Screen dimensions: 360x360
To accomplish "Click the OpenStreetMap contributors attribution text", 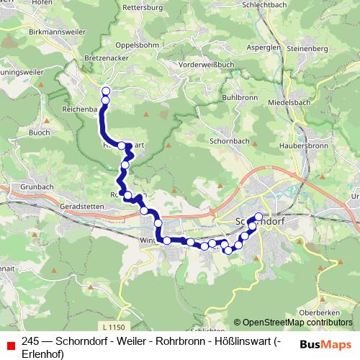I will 293,323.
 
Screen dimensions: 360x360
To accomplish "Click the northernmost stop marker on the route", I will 105,91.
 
